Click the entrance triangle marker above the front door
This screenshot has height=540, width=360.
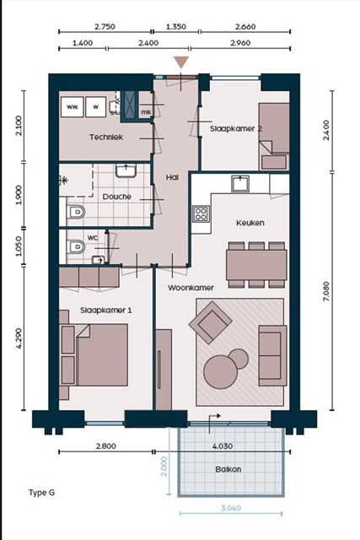181,62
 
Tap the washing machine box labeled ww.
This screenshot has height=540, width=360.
73,107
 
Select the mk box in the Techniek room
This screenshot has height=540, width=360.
146,112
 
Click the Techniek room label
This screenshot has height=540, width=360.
106,137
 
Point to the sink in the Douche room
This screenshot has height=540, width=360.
126,170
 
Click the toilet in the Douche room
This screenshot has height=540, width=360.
76,212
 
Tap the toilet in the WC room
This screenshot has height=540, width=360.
76,246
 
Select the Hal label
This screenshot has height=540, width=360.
172,177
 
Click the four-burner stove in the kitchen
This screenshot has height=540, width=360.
201,213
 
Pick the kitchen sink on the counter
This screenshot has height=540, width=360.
240,183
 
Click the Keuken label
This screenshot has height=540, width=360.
250,223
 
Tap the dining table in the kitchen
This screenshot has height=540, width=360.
256,264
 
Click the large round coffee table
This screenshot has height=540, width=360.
220,372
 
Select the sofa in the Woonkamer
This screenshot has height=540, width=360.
273,355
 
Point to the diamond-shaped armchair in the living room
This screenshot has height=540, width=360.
211,322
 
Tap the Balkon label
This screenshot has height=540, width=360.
228,469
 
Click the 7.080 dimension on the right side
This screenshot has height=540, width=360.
326,291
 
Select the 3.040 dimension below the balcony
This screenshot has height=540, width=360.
231,508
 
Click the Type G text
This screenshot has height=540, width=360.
41,493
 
